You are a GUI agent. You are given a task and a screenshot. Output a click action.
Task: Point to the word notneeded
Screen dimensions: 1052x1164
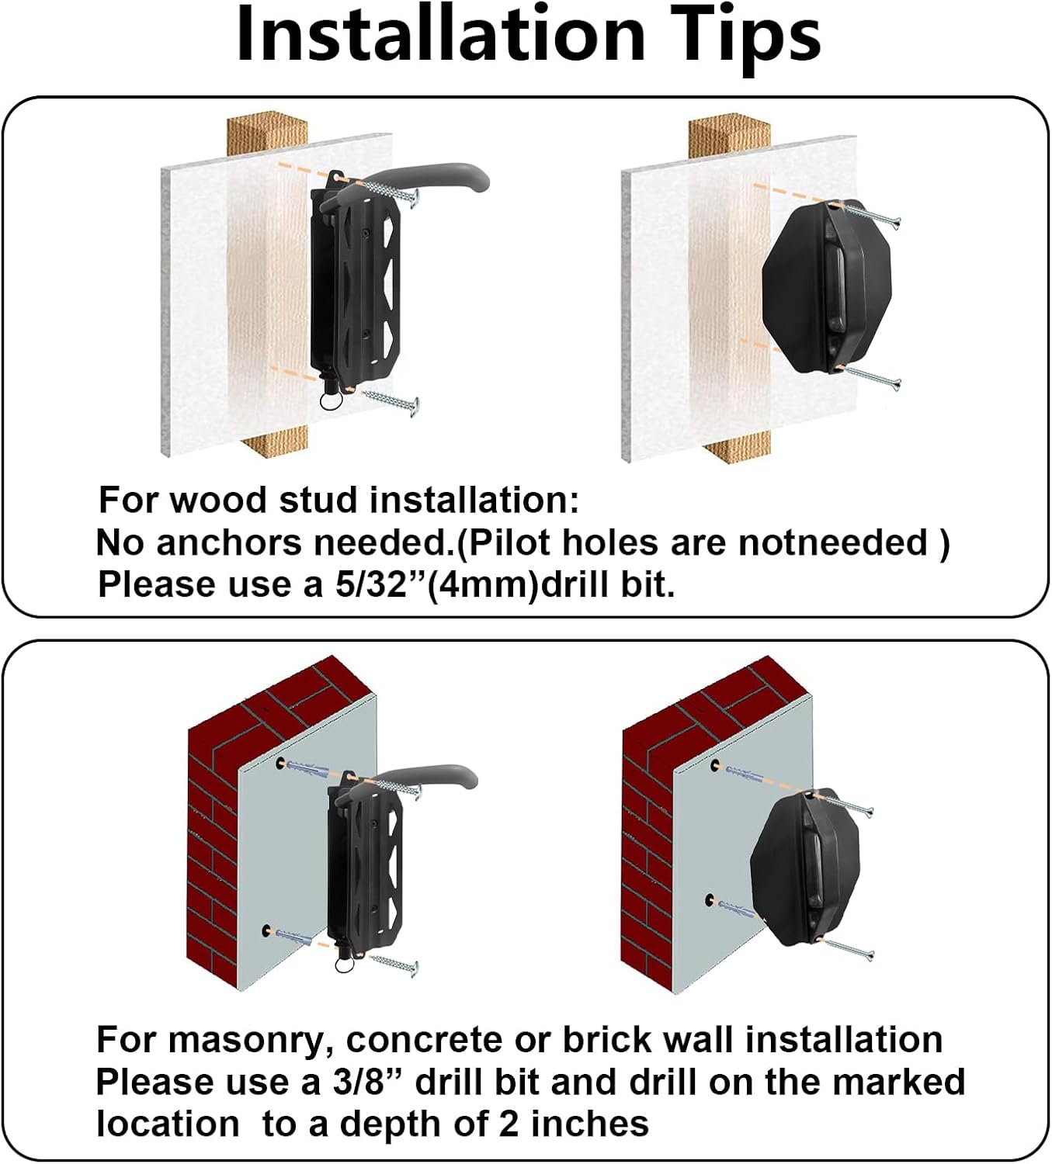(832, 542)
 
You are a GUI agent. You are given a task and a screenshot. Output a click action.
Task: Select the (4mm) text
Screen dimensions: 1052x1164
(482, 585)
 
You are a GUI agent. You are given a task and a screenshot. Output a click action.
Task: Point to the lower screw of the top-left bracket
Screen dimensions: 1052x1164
(391, 398)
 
